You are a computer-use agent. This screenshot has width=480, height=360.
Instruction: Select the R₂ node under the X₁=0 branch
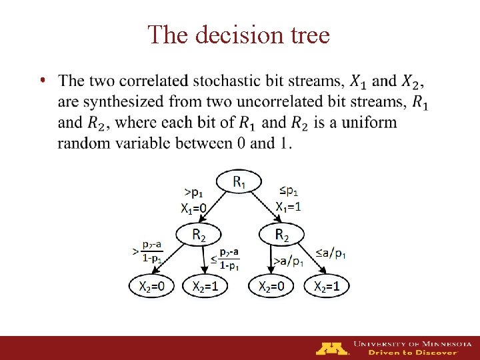click(199, 233)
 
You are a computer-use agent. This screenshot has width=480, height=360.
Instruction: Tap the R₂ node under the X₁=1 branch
click(281, 233)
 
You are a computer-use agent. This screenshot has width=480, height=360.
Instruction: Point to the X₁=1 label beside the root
click(289, 206)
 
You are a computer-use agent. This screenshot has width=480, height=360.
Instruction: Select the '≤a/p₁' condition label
click(331, 253)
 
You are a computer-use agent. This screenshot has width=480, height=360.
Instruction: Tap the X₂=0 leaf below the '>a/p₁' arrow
click(271, 286)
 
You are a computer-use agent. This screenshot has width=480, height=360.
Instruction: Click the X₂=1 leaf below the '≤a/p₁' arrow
click(327, 286)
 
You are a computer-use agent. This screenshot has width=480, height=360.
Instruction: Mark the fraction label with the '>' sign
click(152, 252)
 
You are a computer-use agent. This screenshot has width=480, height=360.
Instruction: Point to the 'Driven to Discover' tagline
click(414, 353)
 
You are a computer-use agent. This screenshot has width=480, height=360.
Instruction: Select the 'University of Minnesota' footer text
click(412, 343)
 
